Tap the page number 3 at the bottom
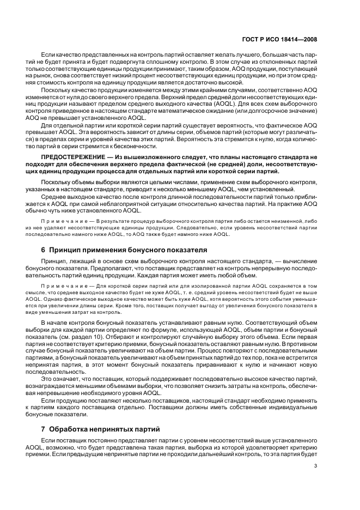316,465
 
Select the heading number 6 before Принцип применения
44,250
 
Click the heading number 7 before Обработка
44,427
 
